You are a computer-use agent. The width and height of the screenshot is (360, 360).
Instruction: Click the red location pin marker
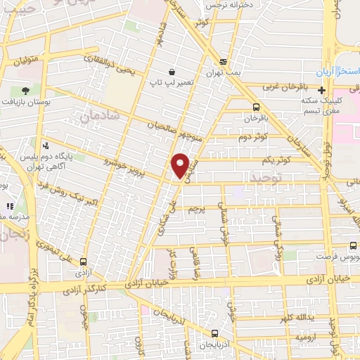coord(181,165)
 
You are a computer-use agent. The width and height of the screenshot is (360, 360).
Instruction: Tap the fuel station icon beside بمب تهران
coord(223,61)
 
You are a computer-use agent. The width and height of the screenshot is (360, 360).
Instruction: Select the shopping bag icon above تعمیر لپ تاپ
coord(172,72)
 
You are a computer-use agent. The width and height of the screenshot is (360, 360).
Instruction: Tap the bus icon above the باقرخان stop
coord(255,107)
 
